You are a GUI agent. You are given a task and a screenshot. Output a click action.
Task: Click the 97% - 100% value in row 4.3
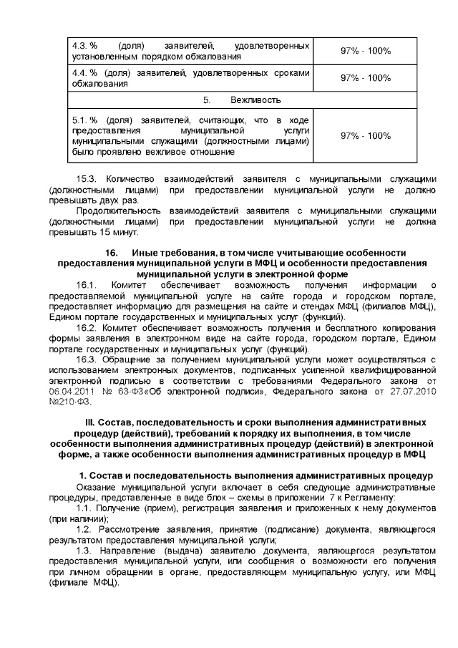point(365,50)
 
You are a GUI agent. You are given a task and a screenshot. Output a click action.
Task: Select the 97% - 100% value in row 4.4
point(365,77)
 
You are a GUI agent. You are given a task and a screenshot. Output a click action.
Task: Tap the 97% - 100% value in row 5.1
point(365,135)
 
